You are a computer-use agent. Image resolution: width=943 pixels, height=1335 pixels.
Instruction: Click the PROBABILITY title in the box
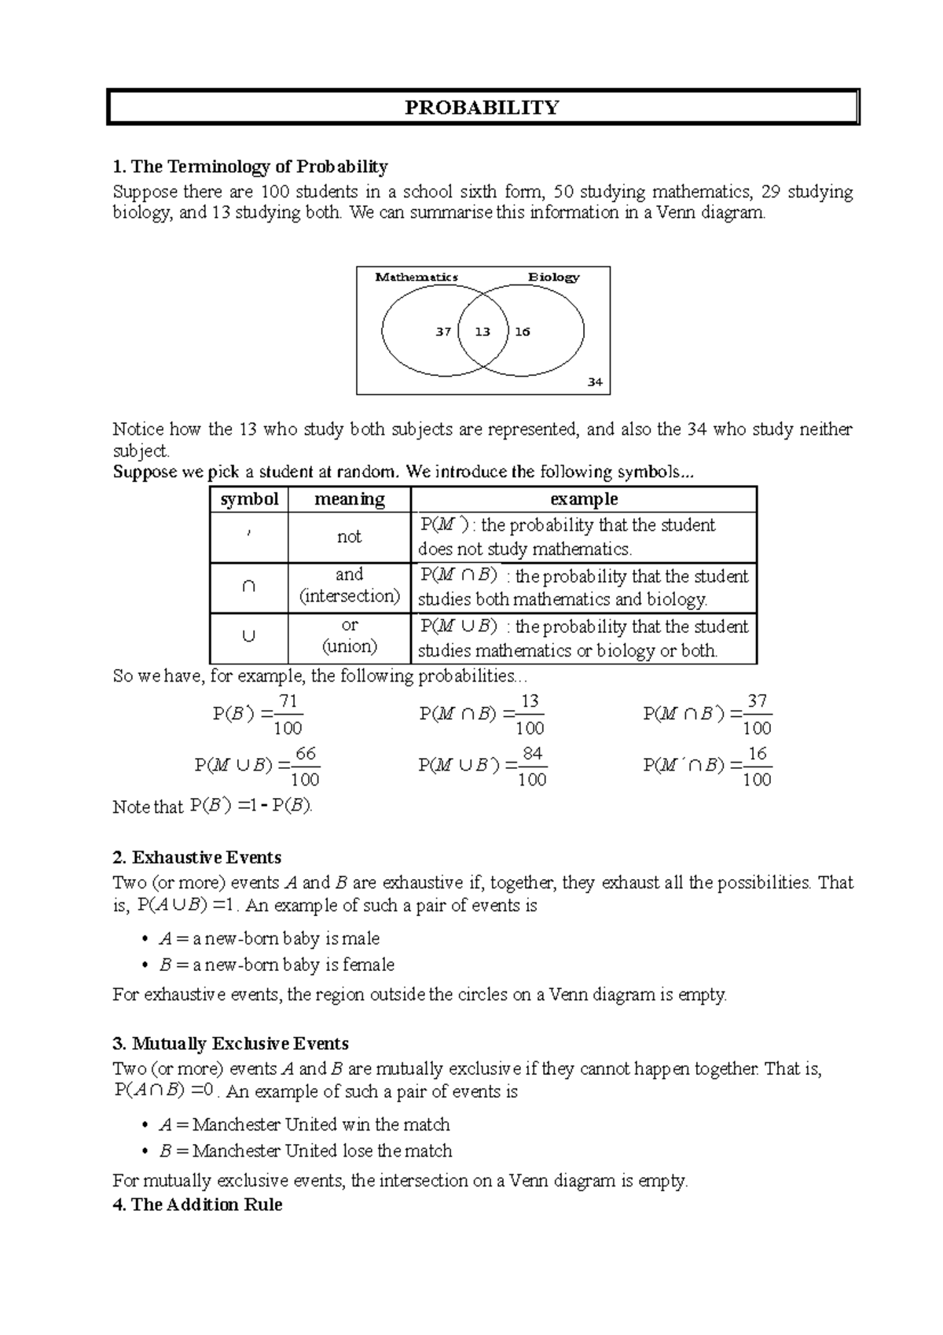coord(482,108)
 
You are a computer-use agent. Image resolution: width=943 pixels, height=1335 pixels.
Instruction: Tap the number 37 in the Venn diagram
coord(443,332)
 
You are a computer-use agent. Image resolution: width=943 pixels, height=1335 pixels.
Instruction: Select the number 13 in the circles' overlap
coord(483,332)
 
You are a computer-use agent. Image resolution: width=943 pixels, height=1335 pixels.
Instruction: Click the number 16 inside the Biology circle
coord(523,332)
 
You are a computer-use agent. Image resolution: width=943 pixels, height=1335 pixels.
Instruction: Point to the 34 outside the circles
coord(595,382)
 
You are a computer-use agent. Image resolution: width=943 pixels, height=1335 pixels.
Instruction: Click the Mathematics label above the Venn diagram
coord(416,277)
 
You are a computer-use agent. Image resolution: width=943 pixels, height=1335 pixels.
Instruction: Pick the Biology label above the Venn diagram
coord(553,277)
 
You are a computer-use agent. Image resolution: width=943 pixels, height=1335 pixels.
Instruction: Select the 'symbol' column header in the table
coord(249,499)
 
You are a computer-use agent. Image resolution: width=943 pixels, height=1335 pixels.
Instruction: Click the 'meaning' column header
coord(349,499)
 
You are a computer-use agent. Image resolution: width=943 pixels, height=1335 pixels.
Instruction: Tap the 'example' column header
coord(583,499)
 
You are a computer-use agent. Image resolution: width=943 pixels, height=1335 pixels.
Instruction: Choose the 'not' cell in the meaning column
coord(349,537)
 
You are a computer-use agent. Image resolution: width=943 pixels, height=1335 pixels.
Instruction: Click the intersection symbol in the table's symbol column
coord(248,587)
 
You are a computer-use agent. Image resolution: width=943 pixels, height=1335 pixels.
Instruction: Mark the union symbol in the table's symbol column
coord(248,638)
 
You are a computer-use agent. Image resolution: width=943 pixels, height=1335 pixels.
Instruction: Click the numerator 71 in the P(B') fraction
coord(288,701)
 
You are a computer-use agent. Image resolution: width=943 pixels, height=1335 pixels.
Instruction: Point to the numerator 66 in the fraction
coord(305,754)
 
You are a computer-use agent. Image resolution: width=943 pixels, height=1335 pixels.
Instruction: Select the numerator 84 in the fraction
coord(532,754)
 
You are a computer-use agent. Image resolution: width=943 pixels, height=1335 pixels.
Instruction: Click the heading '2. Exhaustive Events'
coord(197,858)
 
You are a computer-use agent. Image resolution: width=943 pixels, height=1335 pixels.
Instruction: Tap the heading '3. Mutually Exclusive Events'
coord(231,1044)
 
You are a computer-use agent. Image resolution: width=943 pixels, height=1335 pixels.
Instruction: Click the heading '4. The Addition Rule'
coord(198,1204)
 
